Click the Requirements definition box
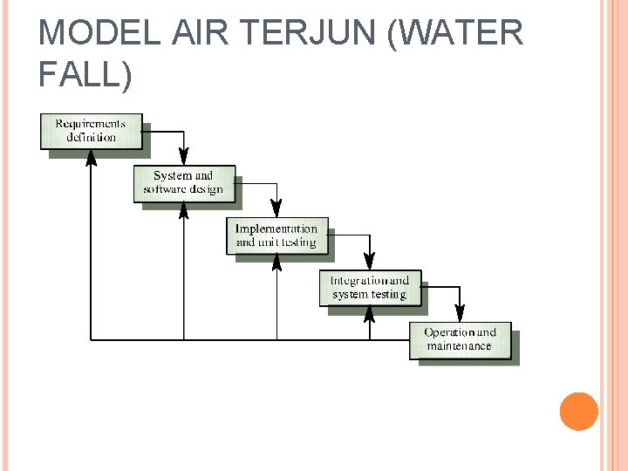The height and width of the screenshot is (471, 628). [x=91, y=131]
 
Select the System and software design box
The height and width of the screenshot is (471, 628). [x=183, y=183]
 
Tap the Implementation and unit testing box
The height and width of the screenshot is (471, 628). [x=276, y=235]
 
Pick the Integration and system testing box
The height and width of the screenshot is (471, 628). [x=370, y=288]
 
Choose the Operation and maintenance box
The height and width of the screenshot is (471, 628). [x=460, y=340]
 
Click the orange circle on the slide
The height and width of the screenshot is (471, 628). [x=578, y=412]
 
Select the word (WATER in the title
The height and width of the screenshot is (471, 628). [x=459, y=33]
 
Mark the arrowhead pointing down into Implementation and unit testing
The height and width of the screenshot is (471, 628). [x=276, y=209]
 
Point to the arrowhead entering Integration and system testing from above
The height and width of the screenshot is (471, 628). [x=370, y=262]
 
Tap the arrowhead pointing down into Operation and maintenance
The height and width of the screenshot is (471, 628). [x=460, y=314]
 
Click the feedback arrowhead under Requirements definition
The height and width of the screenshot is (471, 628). [x=91, y=158]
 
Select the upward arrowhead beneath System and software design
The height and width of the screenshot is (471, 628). [x=184, y=210]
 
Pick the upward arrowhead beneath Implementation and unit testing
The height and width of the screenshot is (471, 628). [x=276, y=263]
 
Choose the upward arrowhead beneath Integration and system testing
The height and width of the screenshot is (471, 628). [x=370, y=314]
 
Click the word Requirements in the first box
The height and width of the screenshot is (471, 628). [x=91, y=124]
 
